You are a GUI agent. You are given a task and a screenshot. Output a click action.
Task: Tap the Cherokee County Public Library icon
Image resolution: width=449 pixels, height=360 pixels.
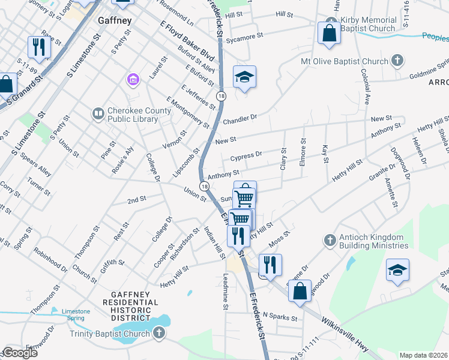pyautogui.click(x=98, y=113)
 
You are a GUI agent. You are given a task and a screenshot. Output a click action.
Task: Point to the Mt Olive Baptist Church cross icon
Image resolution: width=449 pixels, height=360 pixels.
pyautogui.click(x=397, y=61)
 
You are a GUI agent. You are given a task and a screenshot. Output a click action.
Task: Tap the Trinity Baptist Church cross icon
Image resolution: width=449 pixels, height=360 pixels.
pyautogui.click(x=158, y=333)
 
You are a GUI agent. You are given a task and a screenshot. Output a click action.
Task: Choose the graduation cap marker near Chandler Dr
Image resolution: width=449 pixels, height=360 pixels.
pyautogui.click(x=244, y=77)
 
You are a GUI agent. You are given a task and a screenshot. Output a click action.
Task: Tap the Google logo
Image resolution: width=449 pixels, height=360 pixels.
pyautogui.click(x=20, y=353)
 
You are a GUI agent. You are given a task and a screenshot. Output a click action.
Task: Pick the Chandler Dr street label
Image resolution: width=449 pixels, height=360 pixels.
pyautogui.click(x=240, y=118)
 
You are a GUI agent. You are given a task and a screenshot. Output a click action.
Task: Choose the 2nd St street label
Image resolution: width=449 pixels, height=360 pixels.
pyautogui.click(x=136, y=199)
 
